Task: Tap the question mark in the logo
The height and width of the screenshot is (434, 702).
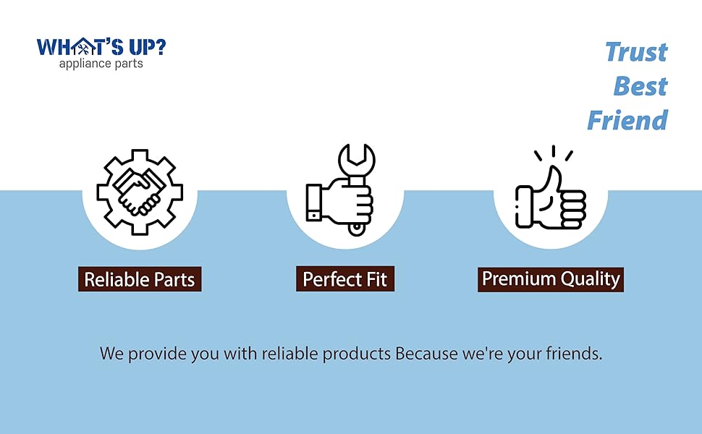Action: pyautogui.click(x=159, y=46)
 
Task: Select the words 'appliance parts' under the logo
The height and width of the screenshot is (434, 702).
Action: pyautogui.click(x=101, y=64)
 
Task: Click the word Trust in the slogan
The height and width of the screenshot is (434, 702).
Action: pyautogui.click(x=636, y=52)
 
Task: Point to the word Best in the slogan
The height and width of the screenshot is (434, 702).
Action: pyautogui.click(x=640, y=86)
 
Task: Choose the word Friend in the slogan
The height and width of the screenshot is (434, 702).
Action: pyautogui.click(x=627, y=120)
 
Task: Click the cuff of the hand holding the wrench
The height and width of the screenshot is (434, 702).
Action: pyautogui.click(x=314, y=203)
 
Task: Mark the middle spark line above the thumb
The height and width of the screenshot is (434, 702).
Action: pyautogui.click(x=554, y=150)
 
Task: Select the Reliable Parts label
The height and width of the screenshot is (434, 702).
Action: pyautogui.click(x=140, y=279)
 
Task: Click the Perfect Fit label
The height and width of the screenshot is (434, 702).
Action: pyautogui.click(x=345, y=278)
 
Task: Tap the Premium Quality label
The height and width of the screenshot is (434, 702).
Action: pyautogui.click(x=551, y=279)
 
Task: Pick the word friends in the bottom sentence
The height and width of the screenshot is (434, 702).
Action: pyautogui.click(x=574, y=354)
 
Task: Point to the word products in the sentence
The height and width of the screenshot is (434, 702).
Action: pyautogui.click(x=357, y=354)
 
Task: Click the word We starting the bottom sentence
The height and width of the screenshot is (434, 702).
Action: pyautogui.click(x=111, y=354)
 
